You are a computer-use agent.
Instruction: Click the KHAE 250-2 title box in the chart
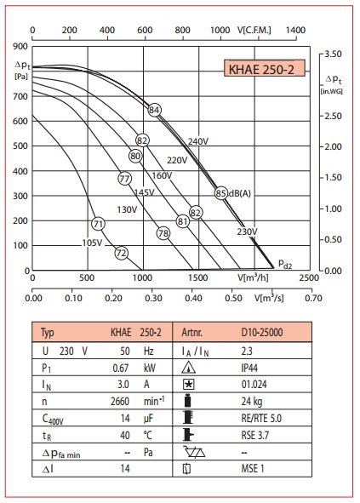click(265, 68)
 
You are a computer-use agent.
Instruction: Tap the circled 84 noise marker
click(154, 110)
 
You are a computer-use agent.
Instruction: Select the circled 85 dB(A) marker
click(221, 193)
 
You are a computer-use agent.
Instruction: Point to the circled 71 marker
click(98, 224)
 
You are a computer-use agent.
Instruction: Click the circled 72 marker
click(122, 253)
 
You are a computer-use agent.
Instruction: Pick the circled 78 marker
click(163, 233)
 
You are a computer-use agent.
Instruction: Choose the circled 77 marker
click(124, 179)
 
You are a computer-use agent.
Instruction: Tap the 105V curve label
click(92, 243)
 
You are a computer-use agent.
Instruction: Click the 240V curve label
click(198, 141)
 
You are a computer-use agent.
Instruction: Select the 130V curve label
click(127, 210)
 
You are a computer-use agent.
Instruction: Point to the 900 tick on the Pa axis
click(20, 47)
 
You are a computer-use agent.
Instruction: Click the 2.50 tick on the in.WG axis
click(333, 116)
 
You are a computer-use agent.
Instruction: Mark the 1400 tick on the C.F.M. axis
click(295, 30)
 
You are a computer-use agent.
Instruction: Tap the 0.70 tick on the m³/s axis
click(313, 298)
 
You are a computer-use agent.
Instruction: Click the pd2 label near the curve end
click(285, 264)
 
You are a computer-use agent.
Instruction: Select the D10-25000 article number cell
click(262, 332)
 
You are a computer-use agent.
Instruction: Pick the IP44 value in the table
click(249, 368)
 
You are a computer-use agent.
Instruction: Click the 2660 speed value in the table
click(120, 402)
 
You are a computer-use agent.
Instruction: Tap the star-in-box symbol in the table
click(188, 385)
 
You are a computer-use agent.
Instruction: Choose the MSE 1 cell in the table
click(253, 469)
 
